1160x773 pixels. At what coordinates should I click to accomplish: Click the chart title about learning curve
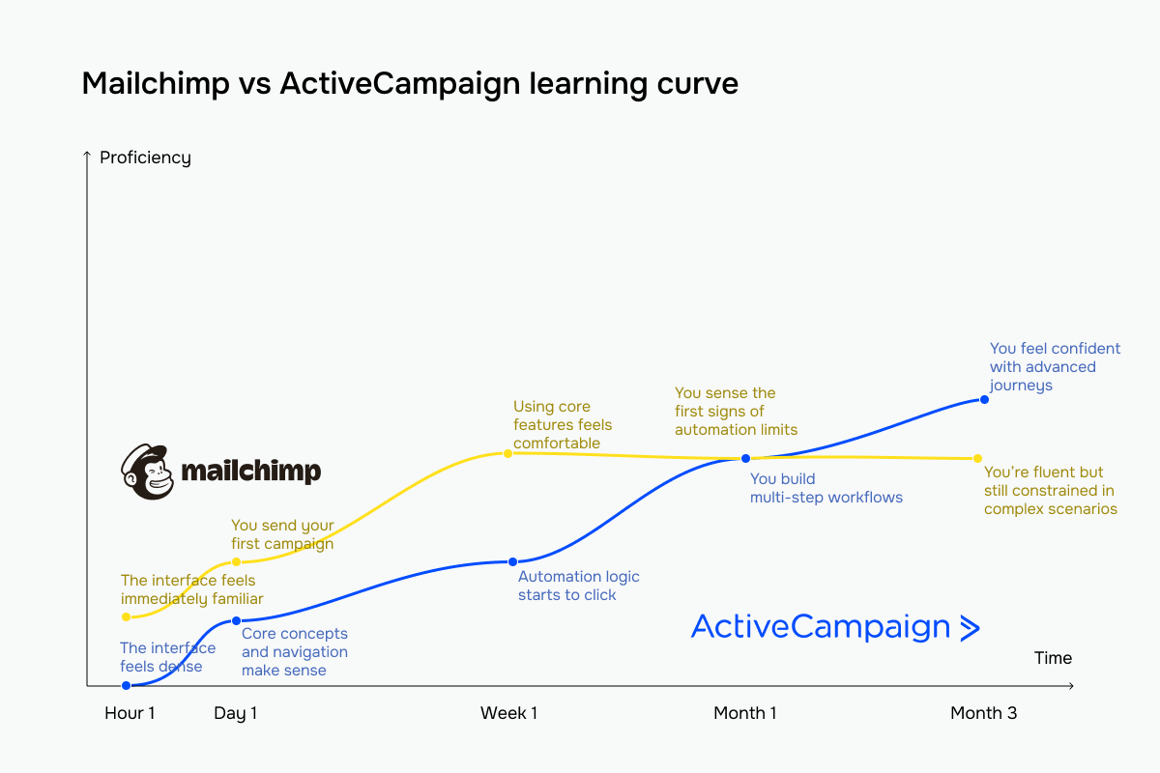coord(410,84)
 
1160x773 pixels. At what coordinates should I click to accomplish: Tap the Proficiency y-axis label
coord(145,157)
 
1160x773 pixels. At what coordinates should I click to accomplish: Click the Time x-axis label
coord(1053,658)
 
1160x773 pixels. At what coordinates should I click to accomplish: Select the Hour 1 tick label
coord(130,713)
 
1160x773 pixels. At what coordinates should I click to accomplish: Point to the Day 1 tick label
coord(235,713)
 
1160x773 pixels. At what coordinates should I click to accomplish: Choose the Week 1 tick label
coord(508,713)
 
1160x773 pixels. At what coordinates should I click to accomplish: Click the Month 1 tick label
coord(744,713)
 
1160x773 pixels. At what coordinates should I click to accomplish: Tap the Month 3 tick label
coord(983,713)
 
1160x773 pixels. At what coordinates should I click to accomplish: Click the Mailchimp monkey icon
coord(147,472)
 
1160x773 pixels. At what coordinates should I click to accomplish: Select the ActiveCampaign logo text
coord(821,627)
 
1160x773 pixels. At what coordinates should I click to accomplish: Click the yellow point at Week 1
coord(508,452)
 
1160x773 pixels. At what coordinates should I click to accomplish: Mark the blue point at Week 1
coord(512,561)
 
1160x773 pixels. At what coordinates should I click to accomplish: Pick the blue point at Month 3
coord(984,399)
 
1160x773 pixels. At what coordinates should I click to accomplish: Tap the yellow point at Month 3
coord(977,458)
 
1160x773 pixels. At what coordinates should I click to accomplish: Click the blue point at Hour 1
coord(126,685)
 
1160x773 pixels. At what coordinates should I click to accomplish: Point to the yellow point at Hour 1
coord(126,616)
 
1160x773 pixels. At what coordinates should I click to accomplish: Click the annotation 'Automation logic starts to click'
coord(578,586)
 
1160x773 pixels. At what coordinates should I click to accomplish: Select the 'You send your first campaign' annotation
coord(282,534)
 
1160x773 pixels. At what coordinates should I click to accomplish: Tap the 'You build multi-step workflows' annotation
coord(826,488)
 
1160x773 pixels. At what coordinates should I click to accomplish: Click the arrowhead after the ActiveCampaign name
coord(969,628)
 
